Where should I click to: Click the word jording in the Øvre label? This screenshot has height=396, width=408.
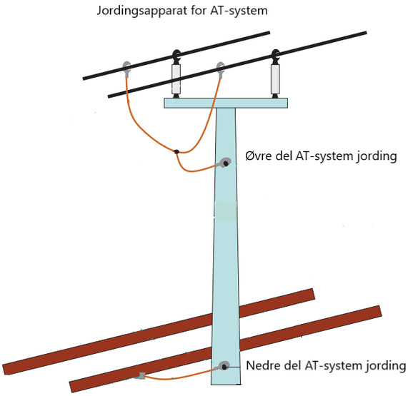point(377,157)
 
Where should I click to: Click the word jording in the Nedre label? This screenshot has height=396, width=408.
point(387,366)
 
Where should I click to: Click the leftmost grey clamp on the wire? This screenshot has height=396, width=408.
point(127,68)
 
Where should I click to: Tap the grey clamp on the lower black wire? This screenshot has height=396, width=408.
point(221,69)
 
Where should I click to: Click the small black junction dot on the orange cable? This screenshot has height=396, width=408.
point(176,151)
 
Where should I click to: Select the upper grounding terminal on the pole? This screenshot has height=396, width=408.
point(225,163)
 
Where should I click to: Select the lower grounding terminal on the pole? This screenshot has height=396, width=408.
point(224,366)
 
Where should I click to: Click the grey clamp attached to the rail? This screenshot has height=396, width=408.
point(141,375)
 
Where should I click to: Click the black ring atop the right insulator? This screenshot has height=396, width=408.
point(275,55)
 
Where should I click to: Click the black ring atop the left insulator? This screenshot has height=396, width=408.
point(176,56)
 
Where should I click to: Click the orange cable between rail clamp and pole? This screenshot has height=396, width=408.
point(182,375)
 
